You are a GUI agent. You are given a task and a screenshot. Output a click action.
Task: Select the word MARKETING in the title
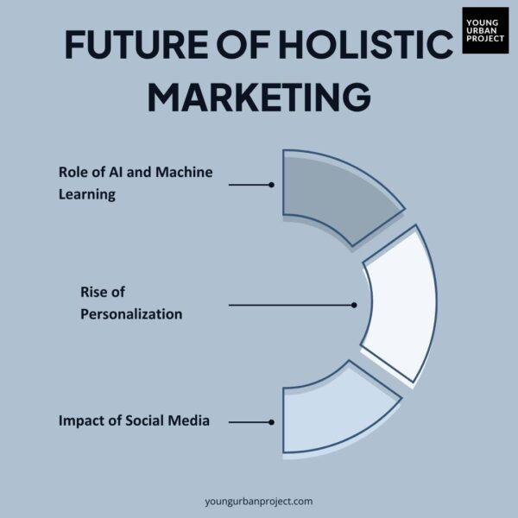tap(259, 96)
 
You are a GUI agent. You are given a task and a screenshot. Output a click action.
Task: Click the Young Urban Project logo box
tap(485, 30)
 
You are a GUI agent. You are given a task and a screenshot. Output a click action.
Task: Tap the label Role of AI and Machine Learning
tap(135, 182)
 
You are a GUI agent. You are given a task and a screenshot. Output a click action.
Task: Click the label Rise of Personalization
tap(131, 303)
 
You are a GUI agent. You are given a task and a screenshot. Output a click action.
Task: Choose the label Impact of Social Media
tap(134, 421)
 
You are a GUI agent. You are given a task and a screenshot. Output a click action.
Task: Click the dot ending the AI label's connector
tap(271, 185)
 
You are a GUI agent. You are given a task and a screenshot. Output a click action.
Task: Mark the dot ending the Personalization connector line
tap(354, 305)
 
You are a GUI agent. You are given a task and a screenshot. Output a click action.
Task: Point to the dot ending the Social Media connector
tap(271, 422)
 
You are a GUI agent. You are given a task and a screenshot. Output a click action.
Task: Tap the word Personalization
tap(131, 314)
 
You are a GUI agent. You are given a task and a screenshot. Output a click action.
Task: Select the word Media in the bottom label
tap(189, 421)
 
